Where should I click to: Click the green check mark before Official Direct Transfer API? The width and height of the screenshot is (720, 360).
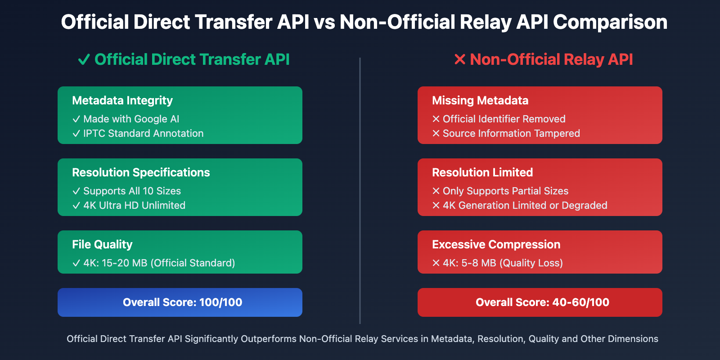tap(84, 59)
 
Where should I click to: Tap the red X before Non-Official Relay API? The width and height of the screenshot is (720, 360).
tap(459, 59)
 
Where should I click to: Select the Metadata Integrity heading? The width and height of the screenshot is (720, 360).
tap(122, 100)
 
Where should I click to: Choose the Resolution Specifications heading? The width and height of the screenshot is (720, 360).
tap(141, 172)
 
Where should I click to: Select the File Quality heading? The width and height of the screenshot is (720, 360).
tap(102, 244)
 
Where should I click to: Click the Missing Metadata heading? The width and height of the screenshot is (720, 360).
tap(480, 100)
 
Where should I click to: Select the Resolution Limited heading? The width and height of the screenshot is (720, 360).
tap(482, 172)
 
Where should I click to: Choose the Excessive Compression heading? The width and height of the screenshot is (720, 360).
tap(496, 244)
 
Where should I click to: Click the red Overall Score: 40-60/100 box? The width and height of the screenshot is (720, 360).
tap(540, 302)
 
